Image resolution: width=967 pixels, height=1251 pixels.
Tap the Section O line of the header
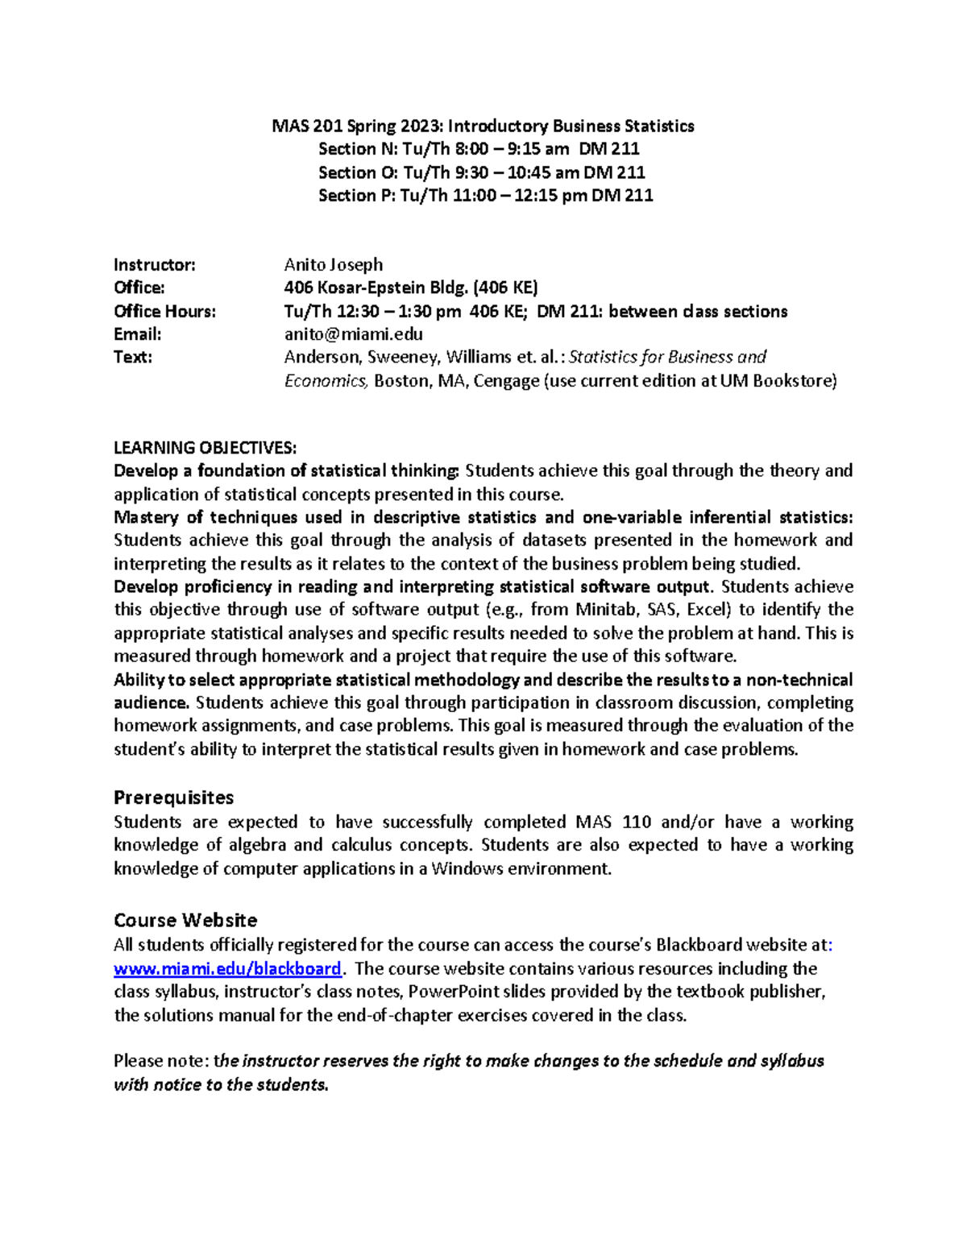[481, 172]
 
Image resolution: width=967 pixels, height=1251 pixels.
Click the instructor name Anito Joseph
[333, 265]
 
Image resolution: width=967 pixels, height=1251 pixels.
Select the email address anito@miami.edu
[353, 334]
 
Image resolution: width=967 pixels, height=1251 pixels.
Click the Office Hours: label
[164, 312]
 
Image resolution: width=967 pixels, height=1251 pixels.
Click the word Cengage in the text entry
[505, 381]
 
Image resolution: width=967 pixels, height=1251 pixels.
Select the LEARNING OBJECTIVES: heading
[205, 448]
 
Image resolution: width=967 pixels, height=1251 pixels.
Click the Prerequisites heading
[173, 797]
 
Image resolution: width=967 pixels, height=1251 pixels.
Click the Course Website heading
[185, 920]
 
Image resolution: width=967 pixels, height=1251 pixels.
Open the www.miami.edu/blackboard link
[227, 968]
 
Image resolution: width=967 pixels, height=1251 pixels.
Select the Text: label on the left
[133, 358]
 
